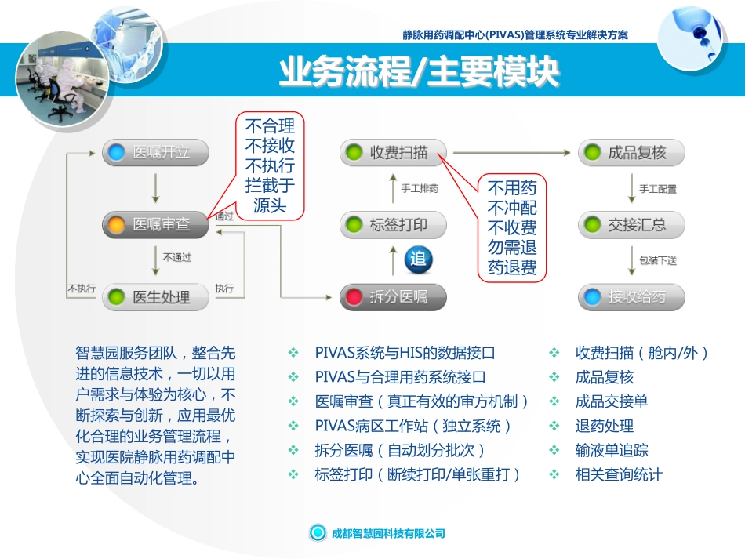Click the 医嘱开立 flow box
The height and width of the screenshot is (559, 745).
click(156, 152)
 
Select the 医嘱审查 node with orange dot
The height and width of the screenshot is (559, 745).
click(156, 225)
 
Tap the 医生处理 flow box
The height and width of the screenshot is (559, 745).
click(156, 297)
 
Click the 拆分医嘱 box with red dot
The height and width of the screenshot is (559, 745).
click(393, 297)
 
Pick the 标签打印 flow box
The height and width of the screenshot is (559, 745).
click(393, 225)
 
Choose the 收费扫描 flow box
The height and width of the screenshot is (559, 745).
click(393, 152)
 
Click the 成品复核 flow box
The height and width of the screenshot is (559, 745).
click(631, 152)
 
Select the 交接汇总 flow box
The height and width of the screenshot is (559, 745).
click(631, 225)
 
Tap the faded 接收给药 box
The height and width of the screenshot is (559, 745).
click(631, 297)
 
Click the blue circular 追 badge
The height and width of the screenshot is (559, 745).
click(418, 260)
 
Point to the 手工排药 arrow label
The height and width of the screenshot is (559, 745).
click(420, 188)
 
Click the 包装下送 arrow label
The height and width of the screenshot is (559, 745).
click(657, 261)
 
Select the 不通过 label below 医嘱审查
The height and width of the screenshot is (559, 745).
click(177, 256)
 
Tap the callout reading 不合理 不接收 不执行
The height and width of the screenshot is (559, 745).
click(270, 165)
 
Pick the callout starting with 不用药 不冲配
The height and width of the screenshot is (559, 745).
click(512, 227)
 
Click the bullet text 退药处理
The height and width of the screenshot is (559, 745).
click(604, 426)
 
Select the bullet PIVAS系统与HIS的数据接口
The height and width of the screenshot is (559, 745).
click(405, 353)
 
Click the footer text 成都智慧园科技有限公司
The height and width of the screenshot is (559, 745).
click(389, 533)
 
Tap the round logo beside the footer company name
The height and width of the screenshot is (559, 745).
click(318, 533)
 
